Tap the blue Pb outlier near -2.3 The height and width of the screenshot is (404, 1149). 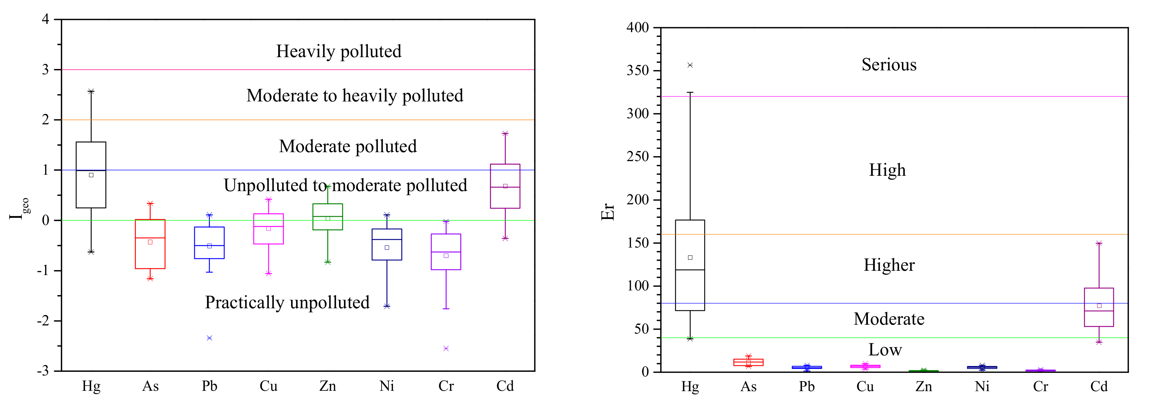(209, 338)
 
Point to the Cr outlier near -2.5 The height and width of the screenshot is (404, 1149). (446, 348)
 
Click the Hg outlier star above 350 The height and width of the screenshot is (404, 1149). (690, 65)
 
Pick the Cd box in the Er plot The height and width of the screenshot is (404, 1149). (1099, 307)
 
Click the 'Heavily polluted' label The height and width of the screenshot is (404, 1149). (339, 51)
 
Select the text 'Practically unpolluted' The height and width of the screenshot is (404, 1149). (287, 303)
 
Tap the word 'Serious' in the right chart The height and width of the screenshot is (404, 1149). (889, 65)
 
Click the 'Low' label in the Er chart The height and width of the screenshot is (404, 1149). (885, 350)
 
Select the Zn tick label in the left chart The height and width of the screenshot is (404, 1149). (328, 386)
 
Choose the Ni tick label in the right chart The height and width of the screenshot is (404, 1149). (982, 386)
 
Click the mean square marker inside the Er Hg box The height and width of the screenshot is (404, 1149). (690, 258)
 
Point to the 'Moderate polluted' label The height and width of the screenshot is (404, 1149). (348, 146)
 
